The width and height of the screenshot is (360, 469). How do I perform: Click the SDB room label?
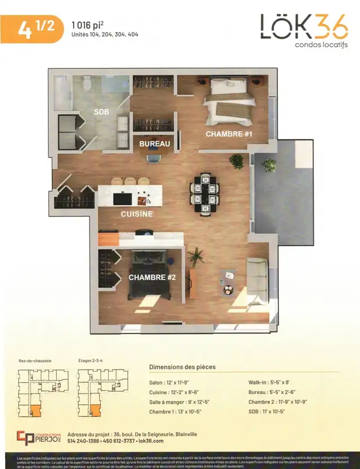102,112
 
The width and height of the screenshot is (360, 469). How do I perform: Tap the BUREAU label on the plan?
155,145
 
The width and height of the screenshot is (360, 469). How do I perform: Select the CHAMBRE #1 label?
228,134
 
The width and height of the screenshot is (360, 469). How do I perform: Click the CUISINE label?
137,214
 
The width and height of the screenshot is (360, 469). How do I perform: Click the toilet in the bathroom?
86,84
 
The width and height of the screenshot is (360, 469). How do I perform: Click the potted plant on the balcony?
270,165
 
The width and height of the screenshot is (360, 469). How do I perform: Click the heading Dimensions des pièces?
182,367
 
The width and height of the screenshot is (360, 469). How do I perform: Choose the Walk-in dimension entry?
274,382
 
